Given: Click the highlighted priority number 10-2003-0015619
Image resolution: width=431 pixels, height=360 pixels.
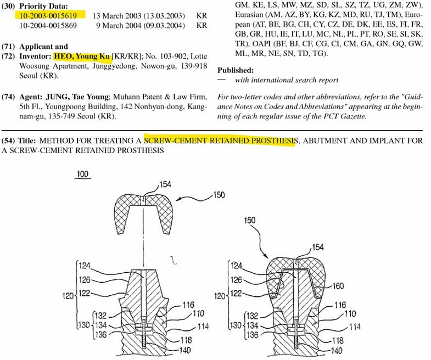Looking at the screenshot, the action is click(48, 15).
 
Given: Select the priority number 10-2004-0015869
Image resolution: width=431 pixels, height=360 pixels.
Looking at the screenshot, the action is click(48, 26).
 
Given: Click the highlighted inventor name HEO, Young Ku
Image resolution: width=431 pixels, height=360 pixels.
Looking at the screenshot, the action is click(82, 57).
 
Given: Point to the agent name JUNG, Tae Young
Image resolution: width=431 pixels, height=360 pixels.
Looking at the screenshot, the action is click(77, 97).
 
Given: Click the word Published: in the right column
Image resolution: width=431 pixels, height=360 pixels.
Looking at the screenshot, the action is click(236, 70).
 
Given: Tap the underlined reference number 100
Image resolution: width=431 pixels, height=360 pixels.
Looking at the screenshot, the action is click(82, 174).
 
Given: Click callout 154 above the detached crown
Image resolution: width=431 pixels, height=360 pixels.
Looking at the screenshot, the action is click(165, 184).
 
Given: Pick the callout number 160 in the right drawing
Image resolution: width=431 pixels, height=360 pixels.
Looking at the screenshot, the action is click(338, 286).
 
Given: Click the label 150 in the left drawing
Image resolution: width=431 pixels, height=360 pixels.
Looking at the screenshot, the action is click(219, 195).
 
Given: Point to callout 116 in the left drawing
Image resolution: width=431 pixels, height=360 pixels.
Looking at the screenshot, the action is click(188, 305).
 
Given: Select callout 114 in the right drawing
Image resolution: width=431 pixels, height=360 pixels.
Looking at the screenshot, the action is click(355, 327).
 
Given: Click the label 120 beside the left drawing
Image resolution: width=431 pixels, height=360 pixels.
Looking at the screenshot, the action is click(68, 296).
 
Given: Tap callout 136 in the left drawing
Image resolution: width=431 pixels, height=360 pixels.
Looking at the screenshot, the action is click(100, 335).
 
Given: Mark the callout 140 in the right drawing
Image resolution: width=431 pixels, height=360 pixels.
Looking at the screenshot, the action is click(336, 350).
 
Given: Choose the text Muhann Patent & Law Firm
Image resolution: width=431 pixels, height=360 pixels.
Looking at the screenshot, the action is click(159, 97).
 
